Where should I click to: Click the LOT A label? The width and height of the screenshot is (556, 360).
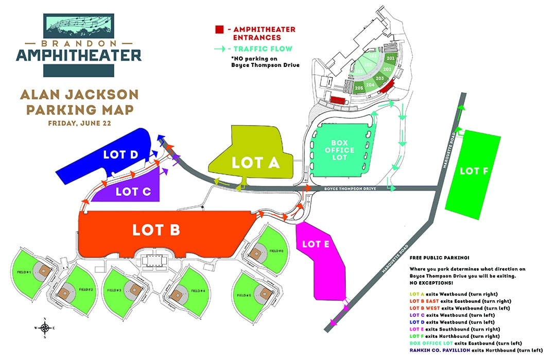pos(255,163)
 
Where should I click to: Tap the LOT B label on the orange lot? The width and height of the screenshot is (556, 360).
pos(156,230)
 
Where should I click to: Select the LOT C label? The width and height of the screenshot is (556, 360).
pos(133,192)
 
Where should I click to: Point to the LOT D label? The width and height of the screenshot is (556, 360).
pos(120,155)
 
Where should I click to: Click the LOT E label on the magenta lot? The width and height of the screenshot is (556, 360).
pos(316,244)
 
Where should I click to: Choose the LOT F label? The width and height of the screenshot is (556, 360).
pos(470,171)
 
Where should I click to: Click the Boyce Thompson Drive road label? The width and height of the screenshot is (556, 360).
pos(349,189)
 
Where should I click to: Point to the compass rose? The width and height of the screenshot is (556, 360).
pos(45,328)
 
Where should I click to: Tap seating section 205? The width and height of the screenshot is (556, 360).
pos(359,88)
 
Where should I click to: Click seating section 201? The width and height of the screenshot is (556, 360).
pos(390,59)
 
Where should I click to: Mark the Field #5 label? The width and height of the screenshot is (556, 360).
pos(244,296)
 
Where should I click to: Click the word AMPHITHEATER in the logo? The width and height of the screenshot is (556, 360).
pos(78,55)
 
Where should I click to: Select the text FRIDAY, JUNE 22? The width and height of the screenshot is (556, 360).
pos(78,124)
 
